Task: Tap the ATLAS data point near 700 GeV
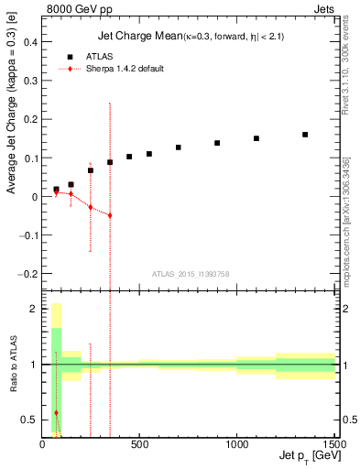pyautogui.click(x=179, y=147)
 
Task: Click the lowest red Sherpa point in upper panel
pyautogui.click(x=110, y=215)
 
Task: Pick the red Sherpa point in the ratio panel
pyautogui.click(x=56, y=413)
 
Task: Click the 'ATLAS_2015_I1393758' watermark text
pyautogui.click(x=190, y=273)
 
